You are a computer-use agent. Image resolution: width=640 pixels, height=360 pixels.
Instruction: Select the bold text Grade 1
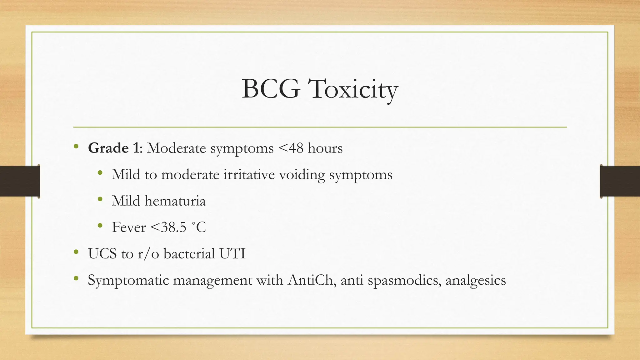[113, 148]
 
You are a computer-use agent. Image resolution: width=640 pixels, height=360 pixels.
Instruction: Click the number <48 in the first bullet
[290, 148]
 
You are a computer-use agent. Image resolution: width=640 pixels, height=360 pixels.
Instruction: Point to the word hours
[325, 148]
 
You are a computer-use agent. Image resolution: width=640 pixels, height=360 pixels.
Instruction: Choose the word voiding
[302, 174]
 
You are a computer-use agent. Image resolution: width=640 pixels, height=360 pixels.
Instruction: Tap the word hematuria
[175, 201]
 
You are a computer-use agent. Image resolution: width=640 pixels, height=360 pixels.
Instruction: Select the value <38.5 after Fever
[168, 227]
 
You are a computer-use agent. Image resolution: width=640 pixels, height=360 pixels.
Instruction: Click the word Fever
[129, 227]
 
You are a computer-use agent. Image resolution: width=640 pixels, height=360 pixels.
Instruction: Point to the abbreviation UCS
[102, 253]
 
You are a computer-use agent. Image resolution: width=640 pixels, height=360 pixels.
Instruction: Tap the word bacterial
[189, 253]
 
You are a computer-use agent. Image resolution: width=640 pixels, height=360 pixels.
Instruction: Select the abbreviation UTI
[232, 253]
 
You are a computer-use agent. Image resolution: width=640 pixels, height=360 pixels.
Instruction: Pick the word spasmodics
[404, 280]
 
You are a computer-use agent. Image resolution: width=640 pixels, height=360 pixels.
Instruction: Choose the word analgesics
[475, 280]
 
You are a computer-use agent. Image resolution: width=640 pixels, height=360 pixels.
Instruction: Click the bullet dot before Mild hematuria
[100, 199]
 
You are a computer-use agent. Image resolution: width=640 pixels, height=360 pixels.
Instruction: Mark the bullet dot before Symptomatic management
[76, 278]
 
